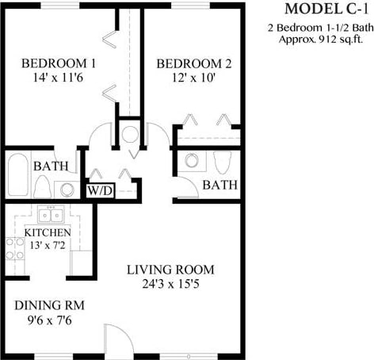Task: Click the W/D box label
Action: point(100,191)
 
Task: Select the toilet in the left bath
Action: point(43,187)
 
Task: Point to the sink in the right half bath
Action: point(192,160)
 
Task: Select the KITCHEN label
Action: point(48,233)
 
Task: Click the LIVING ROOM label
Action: point(170,270)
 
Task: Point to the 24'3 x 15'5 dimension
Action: point(170,285)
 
